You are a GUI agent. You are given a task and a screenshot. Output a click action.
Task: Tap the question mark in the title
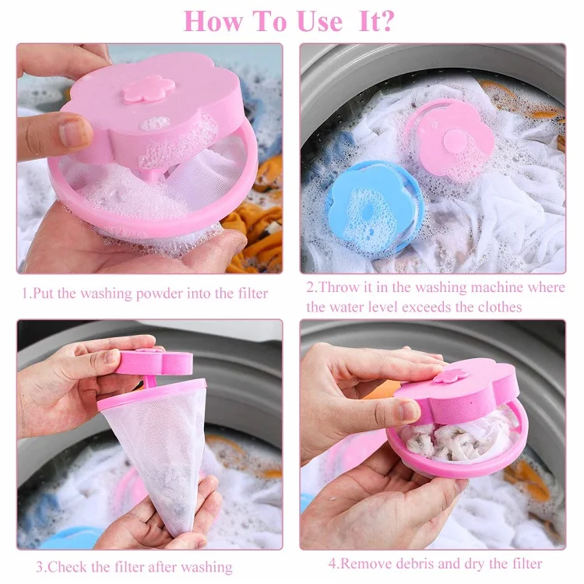point(384,21)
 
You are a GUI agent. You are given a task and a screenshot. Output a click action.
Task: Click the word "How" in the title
point(214,21)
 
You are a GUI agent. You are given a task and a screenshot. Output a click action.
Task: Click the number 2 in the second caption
point(309,287)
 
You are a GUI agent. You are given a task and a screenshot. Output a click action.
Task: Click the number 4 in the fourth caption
point(332,563)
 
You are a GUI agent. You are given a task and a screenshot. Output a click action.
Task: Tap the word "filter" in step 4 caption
point(523,563)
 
